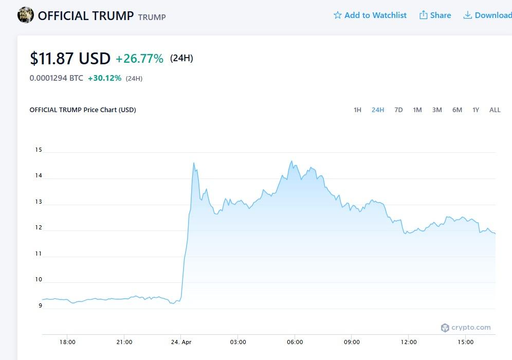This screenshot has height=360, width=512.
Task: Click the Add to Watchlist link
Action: click(370, 15)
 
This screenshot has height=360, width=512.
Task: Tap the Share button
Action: click(435, 15)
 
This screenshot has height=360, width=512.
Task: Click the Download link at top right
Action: click(487, 15)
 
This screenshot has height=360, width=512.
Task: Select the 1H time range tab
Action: click(357, 110)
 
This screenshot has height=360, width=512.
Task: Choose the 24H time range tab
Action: click(378, 110)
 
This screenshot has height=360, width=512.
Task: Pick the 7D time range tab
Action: click(398, 110)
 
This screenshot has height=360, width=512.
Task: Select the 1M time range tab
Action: click(417, 110)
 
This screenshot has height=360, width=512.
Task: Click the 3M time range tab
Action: click(437, 110)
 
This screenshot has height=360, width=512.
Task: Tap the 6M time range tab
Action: click(457, 110)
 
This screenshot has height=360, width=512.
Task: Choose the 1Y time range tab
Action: click(476, 110)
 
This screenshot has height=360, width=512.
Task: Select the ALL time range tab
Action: click(495, 110)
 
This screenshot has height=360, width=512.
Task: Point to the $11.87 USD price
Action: click(70, 59)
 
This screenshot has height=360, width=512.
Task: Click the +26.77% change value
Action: click(139, 59)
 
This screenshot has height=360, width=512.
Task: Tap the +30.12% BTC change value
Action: click(105, 78)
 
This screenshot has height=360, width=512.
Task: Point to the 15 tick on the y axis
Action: click(39, 150)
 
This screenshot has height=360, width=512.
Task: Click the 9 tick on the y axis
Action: click(40, 305)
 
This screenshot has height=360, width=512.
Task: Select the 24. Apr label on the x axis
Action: click(181, 342)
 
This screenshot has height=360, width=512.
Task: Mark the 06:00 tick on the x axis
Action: click(295, 342)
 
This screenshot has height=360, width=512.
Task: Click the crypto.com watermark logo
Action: click(466, 328)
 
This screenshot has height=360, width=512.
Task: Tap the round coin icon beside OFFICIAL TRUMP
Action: click(26, 15)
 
